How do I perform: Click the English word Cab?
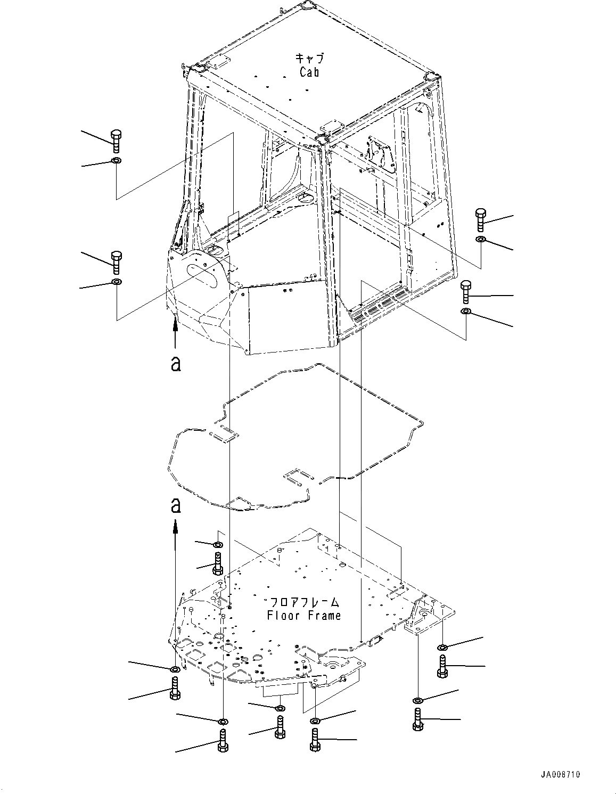(x=309, y=72)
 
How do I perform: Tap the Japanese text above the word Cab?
(x=309, y=59)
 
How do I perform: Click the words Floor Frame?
(x=304, y=616)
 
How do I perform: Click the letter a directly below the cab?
(x=175, y=364)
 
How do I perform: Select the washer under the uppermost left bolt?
(x=117, y=161)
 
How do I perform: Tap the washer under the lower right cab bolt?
(x=465, y=311)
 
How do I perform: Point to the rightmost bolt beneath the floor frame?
(x=442, y=666)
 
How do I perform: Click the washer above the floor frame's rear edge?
(x=218, y=545)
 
